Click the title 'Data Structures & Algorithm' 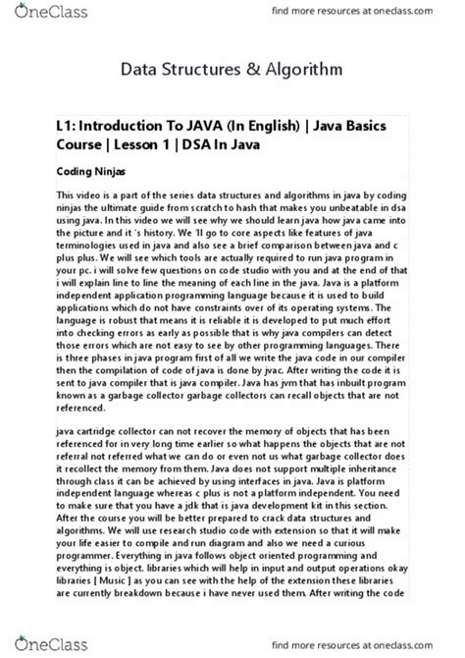pyautogui.click(x=232, y=71)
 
